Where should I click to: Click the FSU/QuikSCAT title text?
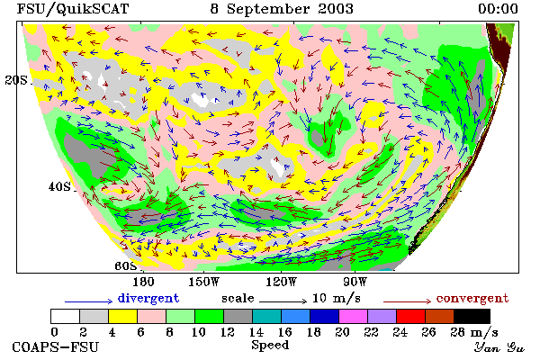73,9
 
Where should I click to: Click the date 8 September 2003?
282,9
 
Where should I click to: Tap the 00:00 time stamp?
498,9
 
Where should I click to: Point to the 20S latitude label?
16,80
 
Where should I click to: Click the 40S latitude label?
59,186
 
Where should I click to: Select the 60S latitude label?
126,266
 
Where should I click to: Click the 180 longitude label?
143,282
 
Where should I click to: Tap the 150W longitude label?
204,282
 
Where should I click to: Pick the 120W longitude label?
282,282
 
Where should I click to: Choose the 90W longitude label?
355,282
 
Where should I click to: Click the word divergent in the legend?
148,298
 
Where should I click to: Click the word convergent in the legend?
472,298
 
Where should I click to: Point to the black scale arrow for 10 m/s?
283,301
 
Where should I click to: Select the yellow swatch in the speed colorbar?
122,316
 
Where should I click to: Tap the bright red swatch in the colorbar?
410,316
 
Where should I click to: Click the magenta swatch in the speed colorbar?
353,316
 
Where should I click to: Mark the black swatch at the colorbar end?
472,316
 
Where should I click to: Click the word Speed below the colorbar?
270,346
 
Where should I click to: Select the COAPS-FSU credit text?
56,346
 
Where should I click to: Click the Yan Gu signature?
499,347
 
